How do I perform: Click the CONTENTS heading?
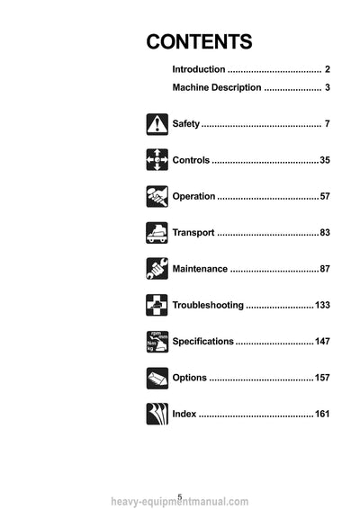pos(199,42)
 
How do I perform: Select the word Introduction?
pos(199,69)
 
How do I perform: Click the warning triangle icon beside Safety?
pos(157,124)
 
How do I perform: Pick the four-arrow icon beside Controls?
pos(157,160)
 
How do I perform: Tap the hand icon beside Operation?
pos(157,196)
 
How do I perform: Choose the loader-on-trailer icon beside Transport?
pos(157,233)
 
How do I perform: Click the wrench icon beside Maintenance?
pos(157,269)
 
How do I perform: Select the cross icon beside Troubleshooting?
pos(157,305)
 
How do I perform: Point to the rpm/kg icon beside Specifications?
pos(157,342)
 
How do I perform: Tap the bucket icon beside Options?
pos(157,379)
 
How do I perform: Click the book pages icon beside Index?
pos(157,414)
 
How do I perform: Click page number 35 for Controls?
pos(325,160)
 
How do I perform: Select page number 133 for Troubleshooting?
pos(322,305)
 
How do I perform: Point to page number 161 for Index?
pos(322,414)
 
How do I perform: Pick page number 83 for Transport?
pos(325,232)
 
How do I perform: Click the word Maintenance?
pos(200,269)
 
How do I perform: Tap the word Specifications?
pos(202,342)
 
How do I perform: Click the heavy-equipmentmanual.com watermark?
pos(180,502)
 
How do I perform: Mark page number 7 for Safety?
pos(328,124)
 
